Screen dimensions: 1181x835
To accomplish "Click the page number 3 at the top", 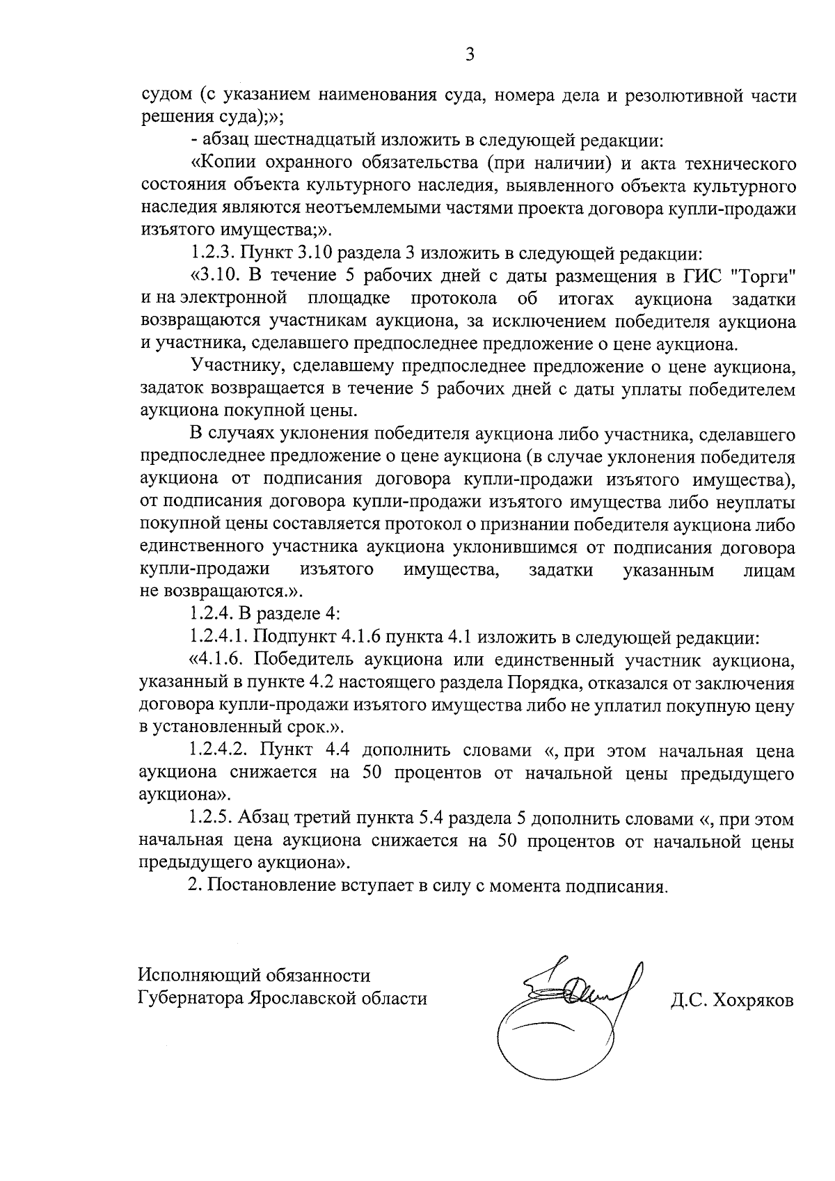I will tap(470, 54).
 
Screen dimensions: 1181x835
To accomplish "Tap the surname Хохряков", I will tap(753, 1001).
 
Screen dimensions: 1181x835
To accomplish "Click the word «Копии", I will tap(223, 164).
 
